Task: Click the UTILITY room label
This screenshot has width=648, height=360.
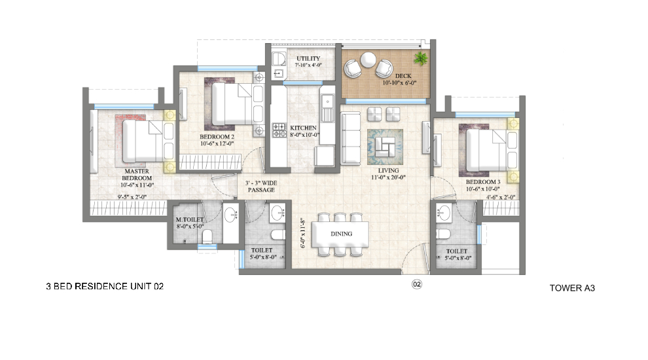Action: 308,58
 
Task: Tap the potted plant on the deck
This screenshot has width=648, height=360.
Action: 421,58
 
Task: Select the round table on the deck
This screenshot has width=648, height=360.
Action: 368,60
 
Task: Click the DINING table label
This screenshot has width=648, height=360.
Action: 342,234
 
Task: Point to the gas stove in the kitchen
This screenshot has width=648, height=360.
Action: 279,130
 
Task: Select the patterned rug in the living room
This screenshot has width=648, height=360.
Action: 385,147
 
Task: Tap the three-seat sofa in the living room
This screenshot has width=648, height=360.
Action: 350,139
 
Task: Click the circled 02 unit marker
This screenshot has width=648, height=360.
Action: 416,284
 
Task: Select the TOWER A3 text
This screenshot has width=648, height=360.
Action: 572,288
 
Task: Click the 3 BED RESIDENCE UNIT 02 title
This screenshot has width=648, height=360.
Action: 105,286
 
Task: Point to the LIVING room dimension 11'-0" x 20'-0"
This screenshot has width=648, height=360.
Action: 388,177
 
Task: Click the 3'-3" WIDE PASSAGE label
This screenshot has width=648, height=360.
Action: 261,187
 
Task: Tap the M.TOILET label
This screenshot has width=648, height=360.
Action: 190,219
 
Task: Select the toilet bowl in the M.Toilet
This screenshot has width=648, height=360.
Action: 207,236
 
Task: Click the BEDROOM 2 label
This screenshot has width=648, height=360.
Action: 217,136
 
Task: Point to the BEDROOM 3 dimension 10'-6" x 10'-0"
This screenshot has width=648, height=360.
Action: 482,189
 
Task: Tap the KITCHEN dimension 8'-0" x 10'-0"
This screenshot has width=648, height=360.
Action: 304,135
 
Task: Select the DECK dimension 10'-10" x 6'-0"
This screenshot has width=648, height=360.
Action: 399,82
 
